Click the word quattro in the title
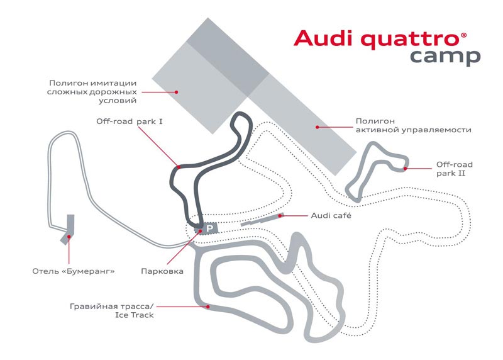point(407,39)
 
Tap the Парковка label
point(162,272)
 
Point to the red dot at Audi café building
point(281,215)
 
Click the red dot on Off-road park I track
point(179,167)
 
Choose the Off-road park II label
point(454,169)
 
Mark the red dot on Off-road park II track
point(406,168)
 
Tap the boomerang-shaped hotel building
point(69,229)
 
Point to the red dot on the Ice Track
point(207,307)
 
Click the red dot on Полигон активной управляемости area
point(318,127)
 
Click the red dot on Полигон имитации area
point(178,91)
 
